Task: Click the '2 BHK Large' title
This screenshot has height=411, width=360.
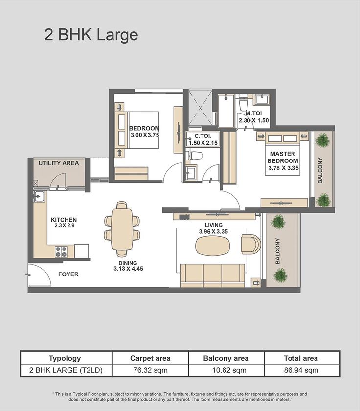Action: point(91,35)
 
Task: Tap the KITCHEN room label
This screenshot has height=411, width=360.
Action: point(64,220)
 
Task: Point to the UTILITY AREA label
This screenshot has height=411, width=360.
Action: point(59,163)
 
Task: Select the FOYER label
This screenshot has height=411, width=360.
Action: point(68,274)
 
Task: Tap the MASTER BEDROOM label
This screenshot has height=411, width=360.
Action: point(283,157)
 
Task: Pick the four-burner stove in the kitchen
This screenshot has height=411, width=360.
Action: point(61,251)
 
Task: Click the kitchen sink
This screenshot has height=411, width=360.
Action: point(39,197)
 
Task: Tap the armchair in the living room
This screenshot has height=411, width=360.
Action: point(251,244)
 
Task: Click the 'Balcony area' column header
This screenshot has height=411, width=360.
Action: point(226,358)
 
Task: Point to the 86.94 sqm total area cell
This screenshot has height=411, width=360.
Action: point(302,370)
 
